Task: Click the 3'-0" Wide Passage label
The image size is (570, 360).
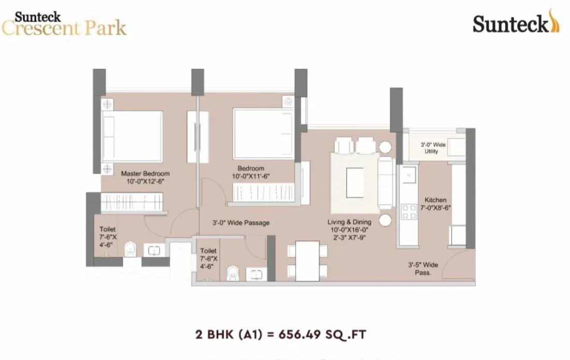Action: click(241, 223)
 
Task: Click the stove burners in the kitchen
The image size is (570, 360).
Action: click(409, 212)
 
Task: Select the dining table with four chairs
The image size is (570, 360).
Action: click(307, 261)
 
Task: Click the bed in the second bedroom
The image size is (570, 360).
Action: click(263, 130)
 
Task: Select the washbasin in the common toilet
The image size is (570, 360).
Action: click(256, 274)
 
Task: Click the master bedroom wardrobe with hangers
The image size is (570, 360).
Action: click(131, 203)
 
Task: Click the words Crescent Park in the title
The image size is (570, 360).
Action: click(64, 28)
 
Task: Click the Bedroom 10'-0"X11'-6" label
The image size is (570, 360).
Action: click(251, 172)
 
